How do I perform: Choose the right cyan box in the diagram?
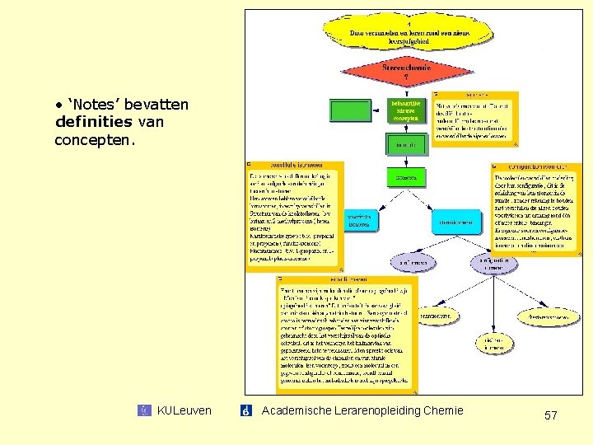[458, 222]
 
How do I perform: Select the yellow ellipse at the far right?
[545, 316]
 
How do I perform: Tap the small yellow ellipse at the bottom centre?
[493, 344]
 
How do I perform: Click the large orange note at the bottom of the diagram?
[348, 334]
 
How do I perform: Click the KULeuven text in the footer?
[184, 410]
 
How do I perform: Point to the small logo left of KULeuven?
[145, 410]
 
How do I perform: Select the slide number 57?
[551, 416]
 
